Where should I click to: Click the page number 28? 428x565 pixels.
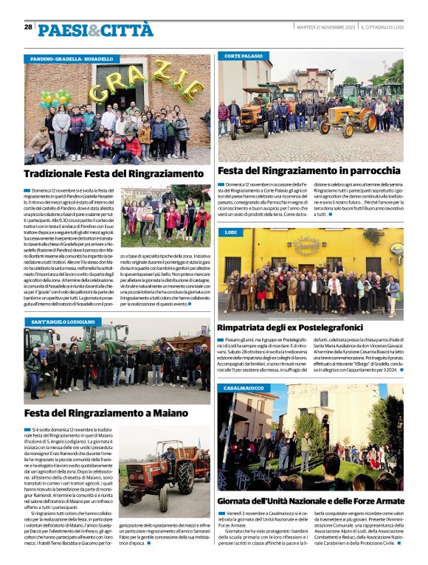pos(28,27)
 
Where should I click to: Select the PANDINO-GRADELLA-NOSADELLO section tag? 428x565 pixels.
pos(72,58)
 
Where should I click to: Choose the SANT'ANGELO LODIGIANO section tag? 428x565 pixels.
pos(64,322)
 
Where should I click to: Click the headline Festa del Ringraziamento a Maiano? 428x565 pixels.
pos(106,414)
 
